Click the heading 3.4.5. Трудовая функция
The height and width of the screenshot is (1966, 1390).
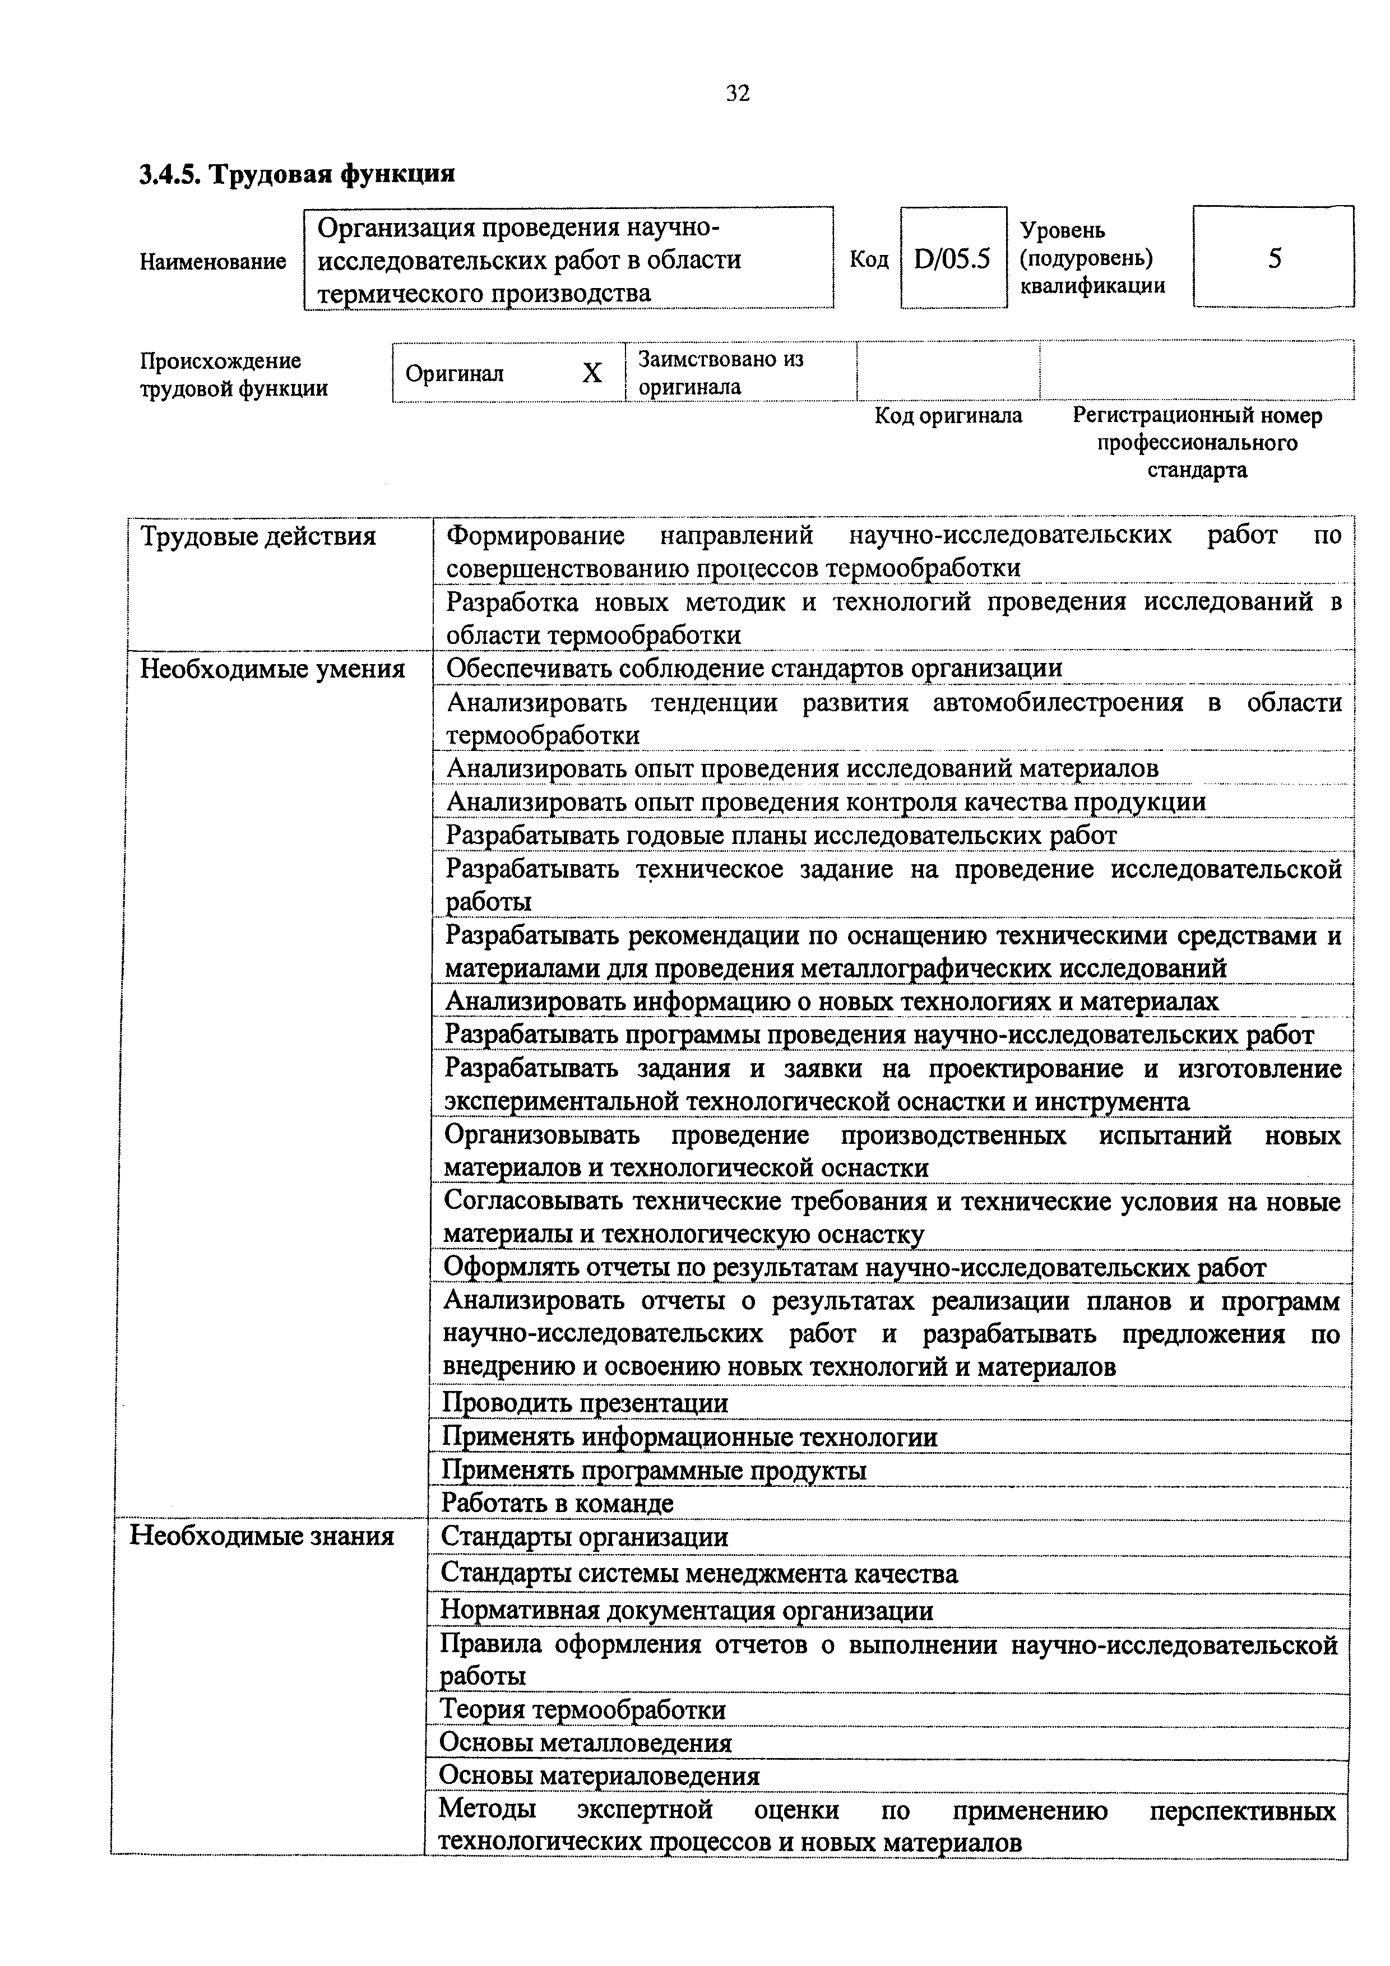click(x=297, y=174)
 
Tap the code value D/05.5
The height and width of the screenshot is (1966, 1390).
click(x=952, y=258)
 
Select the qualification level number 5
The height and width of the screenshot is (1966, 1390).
click(x=1273, y=258)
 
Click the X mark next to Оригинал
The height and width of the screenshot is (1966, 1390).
click(x=592, y=373)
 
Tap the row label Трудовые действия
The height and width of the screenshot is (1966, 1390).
click(x=258, y=537)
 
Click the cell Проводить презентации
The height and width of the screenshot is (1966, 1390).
click(x=585, y=1403)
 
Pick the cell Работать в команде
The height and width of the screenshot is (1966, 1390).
click(x=558, y=1503)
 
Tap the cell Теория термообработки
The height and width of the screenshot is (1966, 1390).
click(x=582, y=1710)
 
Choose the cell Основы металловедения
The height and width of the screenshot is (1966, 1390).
click(x=585, y=1742)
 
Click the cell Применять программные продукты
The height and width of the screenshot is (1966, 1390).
click(x=654, y=1470)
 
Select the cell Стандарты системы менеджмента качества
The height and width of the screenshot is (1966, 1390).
click(x=699, y=1573)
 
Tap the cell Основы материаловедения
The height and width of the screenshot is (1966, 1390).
click(x=600, y=1776)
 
